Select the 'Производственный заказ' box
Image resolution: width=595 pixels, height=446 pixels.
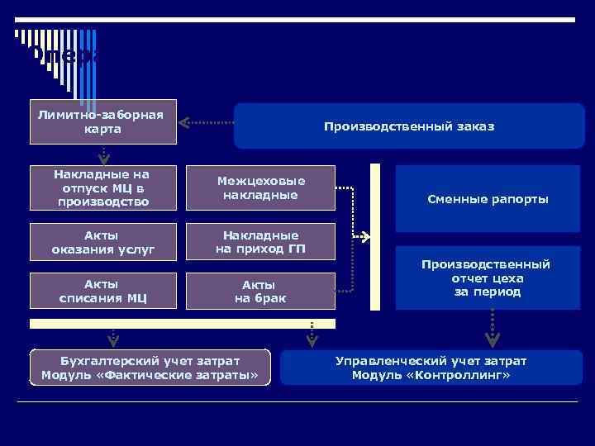(x=409, y=126)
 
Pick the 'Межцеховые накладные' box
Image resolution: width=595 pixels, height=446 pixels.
(x=260, y=187)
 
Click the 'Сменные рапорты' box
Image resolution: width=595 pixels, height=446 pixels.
(x=488, y=199)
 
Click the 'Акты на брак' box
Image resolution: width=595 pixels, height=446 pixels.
(x=260, y=291)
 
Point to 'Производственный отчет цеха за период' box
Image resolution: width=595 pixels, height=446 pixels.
(x=488, y=278)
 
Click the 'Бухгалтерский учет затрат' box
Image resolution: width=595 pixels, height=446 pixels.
(x=150, y=368)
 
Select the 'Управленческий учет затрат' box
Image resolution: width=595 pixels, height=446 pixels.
(x=431, y=368)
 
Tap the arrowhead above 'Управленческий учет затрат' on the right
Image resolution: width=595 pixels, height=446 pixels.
(x=493, y=339)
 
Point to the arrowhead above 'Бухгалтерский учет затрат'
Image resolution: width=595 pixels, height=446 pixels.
(x=114, y=339)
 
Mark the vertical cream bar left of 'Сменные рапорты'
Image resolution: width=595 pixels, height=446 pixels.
(x=374, y=237)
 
